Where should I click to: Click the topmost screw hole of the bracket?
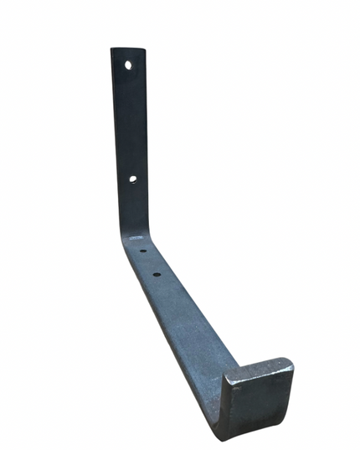pos(129,64)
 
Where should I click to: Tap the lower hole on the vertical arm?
pos(133,178)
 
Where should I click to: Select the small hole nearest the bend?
pos(142,251)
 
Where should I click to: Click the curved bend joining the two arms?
pos(132,230)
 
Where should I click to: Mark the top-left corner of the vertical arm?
pos(112,49)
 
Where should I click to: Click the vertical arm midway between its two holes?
pos(131,122)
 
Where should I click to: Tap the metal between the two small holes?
pos(150,262)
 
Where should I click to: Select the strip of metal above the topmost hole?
pos(128,54)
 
